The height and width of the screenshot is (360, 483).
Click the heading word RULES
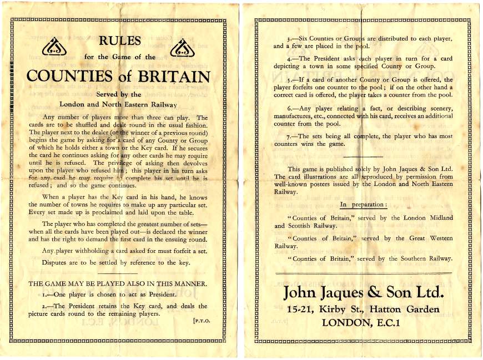(x=120, y=41)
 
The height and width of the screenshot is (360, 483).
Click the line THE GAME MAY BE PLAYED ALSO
(x=118, y=283)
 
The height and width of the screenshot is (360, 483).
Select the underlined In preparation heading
(x=363, y=205)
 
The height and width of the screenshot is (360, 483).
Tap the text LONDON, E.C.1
(x=361, y=322)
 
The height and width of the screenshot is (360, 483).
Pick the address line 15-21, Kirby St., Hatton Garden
(x=364, y=309)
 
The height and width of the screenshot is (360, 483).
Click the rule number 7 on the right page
(x=290, y=136)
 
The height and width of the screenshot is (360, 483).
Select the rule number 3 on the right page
(x=290, y=38)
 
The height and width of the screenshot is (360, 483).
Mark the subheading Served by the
(x=119, y=95)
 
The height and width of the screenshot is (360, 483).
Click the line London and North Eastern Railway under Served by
(x=118, y=104)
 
